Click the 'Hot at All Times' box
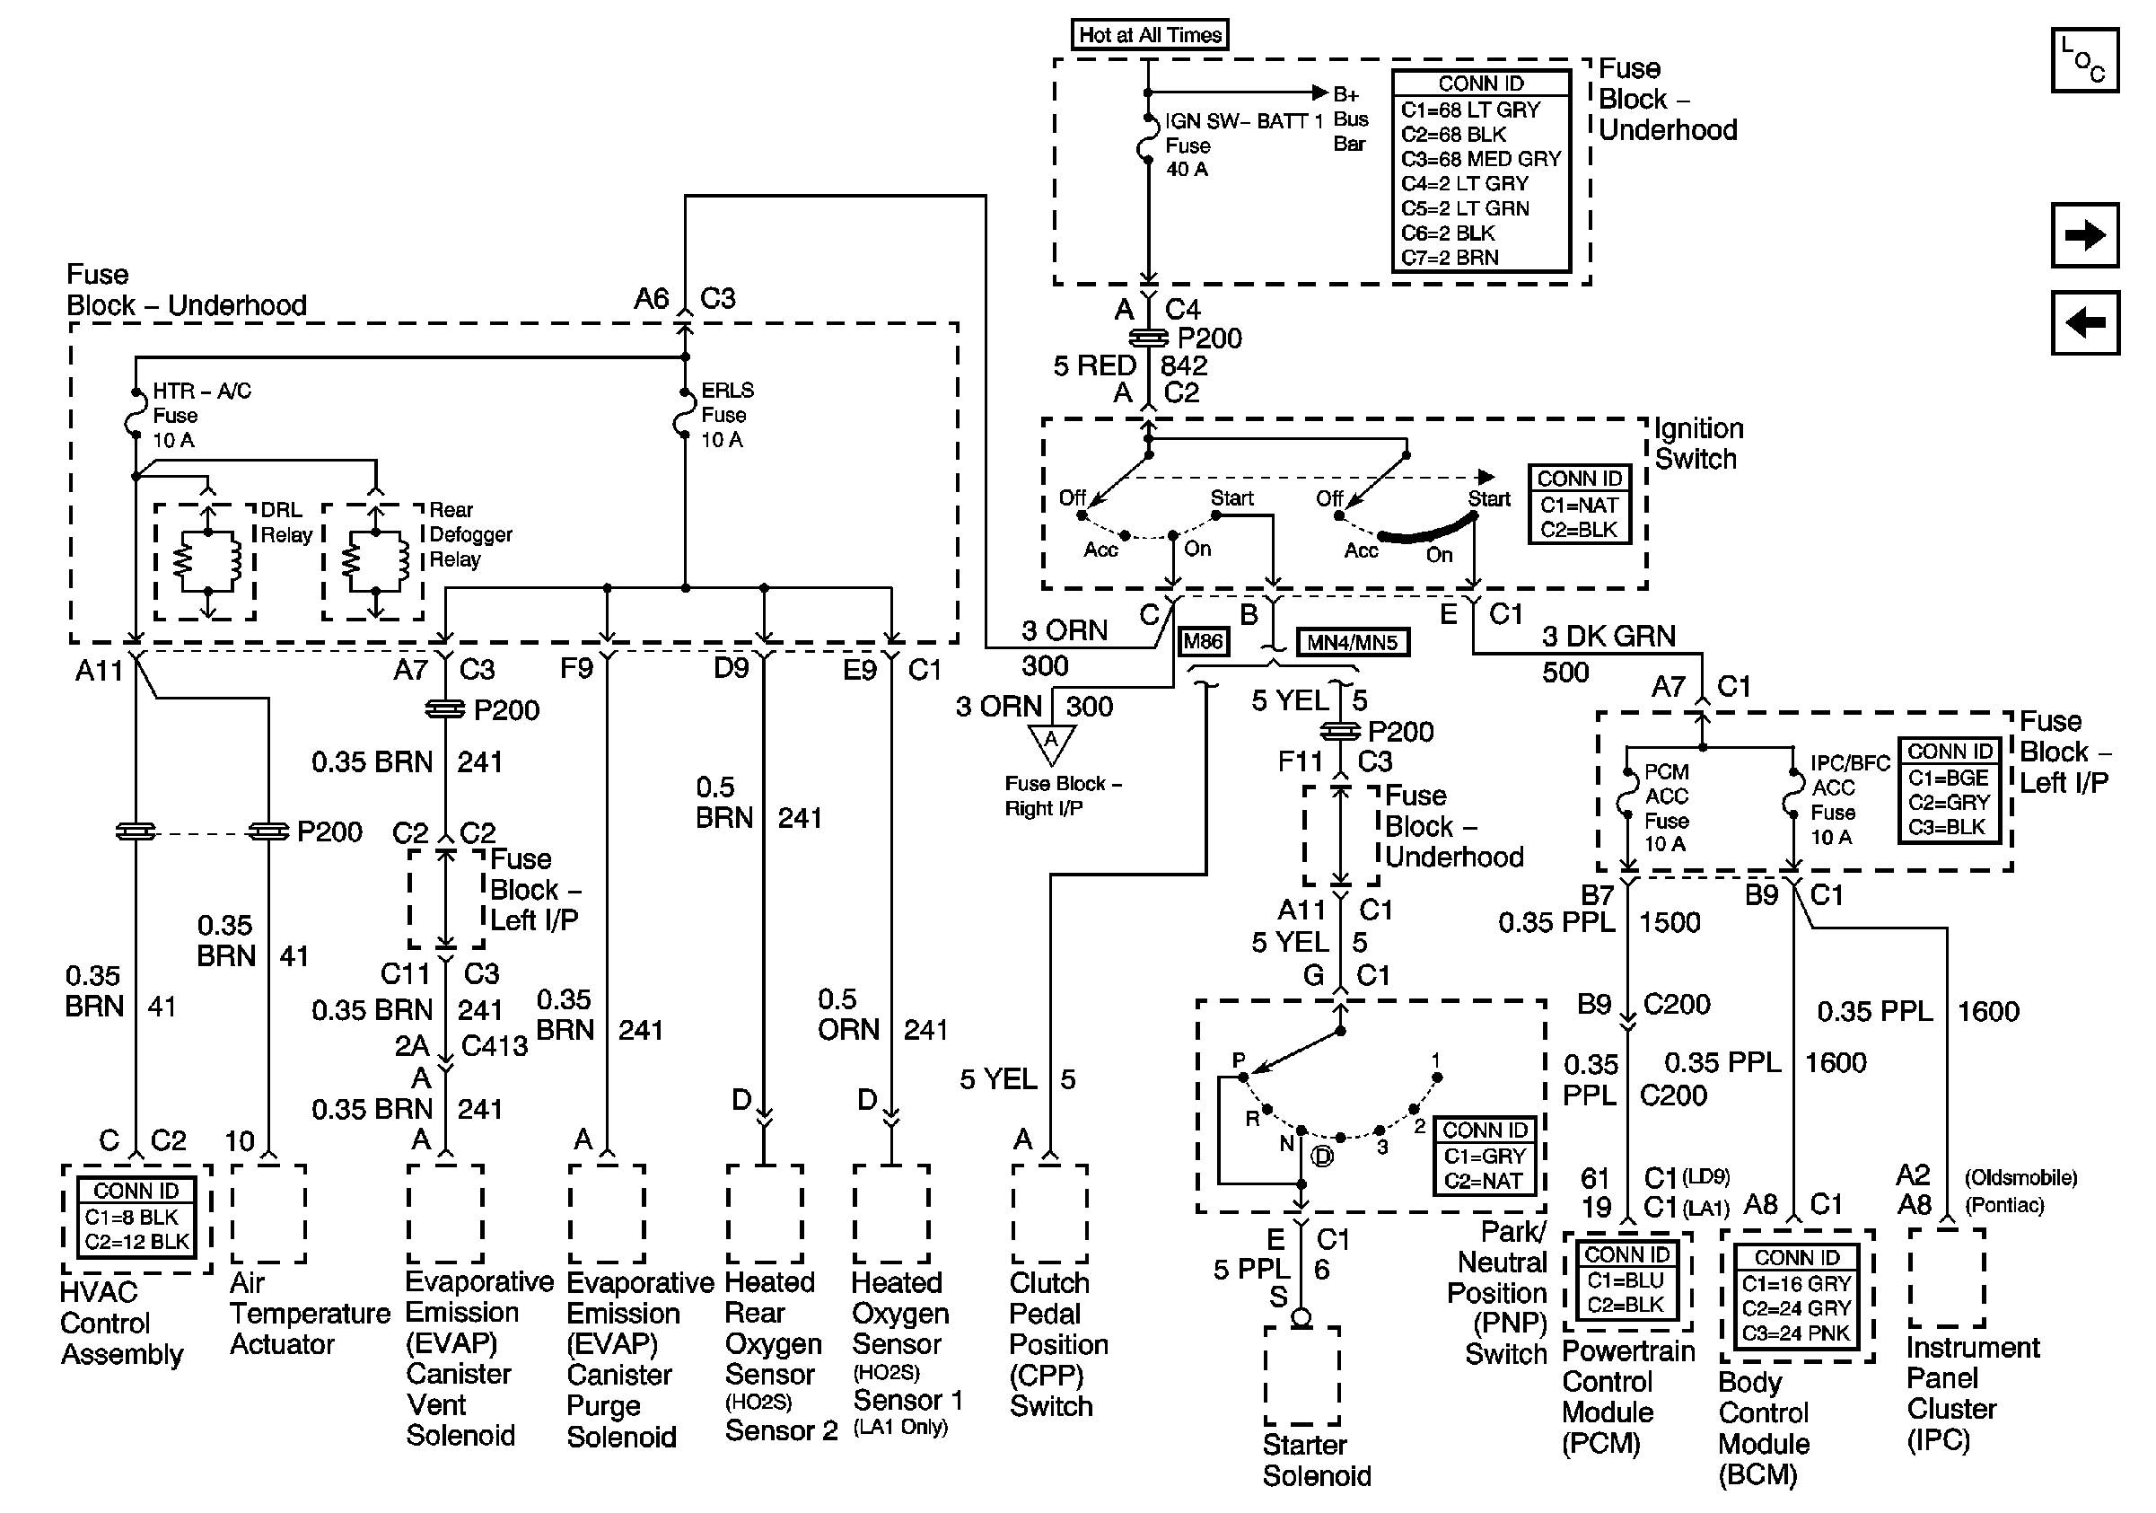(1150, 35)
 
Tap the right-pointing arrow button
(2084, 234)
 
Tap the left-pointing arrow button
(2084, 322)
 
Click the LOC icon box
(2084, 60)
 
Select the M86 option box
(1203, 641)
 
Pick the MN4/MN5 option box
(1352, 642)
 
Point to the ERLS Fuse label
(727, 414)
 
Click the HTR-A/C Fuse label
(201, 415)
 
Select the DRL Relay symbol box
(205, 561)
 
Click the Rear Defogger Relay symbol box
(372, 561)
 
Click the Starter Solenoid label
(1317, 1459)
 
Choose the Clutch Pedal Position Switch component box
(1050, 1213)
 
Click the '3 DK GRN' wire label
(1608, 636)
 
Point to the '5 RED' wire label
(1095, 365)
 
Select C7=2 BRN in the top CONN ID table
(1450, 258)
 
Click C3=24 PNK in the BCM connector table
(1796, 1333)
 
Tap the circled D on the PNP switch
(1322, 1157)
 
